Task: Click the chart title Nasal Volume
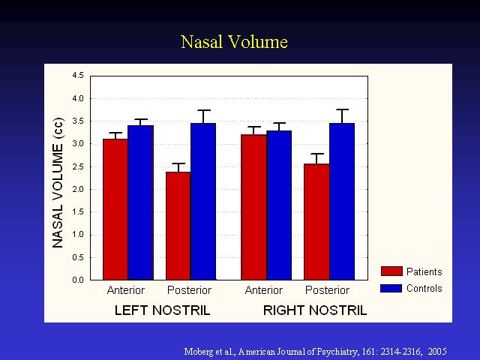234,42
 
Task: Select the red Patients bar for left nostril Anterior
115,209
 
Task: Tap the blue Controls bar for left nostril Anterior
141,202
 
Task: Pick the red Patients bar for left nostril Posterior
178,226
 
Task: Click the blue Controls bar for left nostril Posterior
203,202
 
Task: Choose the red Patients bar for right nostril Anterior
253,207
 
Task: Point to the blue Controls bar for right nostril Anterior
279,205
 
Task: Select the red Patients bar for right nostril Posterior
316,222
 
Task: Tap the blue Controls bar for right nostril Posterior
342,202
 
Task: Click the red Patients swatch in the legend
391,271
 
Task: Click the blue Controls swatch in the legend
391,288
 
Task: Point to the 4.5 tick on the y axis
78,75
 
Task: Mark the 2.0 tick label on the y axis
78,189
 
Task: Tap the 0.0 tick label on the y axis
78,280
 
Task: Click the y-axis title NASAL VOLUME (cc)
58,183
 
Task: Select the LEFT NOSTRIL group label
162,310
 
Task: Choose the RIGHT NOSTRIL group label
315,310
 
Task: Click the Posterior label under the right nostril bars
327,290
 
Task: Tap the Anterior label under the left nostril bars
126,290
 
